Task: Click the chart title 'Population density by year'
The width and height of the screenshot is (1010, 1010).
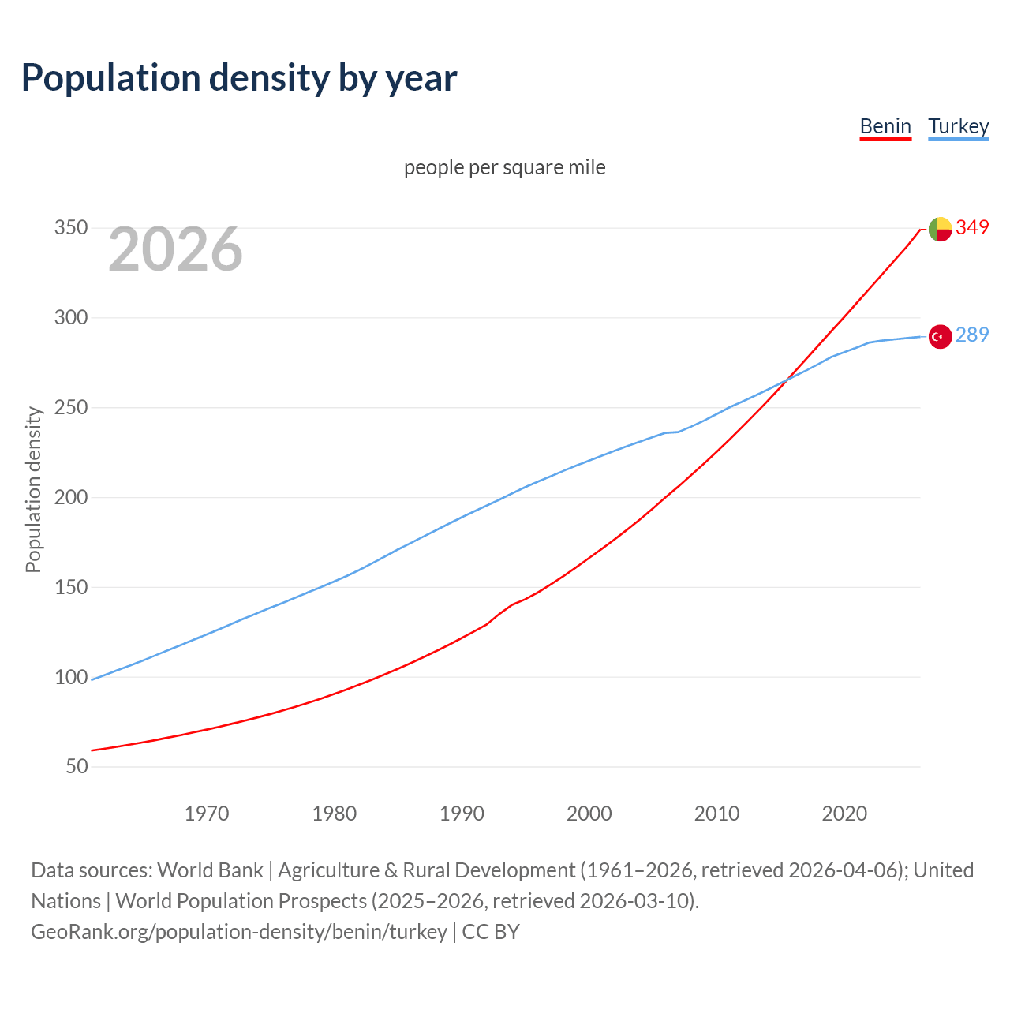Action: pos(239,78)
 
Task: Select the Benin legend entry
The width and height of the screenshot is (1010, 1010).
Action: pos(885,126)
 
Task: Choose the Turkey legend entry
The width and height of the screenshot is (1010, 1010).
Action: pos(958,126)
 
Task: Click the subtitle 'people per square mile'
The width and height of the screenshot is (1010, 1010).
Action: pos(504,167)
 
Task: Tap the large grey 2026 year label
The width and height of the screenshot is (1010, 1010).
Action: pos(175,249)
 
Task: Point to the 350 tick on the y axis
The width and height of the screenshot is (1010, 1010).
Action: pos(70,228)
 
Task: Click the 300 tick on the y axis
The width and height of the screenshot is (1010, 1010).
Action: pos(70,317)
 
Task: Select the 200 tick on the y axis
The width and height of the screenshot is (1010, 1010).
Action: pos(70,497)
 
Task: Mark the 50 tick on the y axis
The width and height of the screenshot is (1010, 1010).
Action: pos(77,766)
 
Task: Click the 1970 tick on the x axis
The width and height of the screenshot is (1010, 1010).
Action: pos(207,813)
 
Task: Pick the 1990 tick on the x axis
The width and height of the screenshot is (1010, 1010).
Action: pos(462,813)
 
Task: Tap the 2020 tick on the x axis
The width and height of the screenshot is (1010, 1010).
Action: pos(844,813)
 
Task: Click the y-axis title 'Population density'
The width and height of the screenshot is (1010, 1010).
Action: pos(33,489)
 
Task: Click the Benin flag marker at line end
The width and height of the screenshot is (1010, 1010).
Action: pos(940,229)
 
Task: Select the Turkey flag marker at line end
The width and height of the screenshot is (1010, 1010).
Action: pos(940,337)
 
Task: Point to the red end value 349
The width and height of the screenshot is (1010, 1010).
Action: pos(972,227)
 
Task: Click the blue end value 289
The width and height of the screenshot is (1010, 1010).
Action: pos(972,335)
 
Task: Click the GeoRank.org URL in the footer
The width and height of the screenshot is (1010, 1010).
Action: pos(239,931)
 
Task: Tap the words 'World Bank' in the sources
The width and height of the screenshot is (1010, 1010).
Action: pos(210,870)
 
